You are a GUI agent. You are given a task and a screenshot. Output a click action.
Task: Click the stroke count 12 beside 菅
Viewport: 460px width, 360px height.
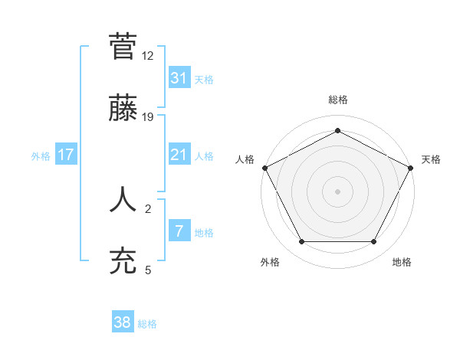pos(148,57)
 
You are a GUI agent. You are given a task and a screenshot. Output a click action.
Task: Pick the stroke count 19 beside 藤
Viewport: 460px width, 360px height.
pos(148,116)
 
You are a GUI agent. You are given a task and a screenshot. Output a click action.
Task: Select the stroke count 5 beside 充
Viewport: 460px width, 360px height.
pos(148,270)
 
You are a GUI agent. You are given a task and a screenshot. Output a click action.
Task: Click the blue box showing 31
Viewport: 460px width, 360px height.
pos(179,77)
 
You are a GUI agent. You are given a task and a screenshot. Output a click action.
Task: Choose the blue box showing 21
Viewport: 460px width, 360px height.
pos(179,155)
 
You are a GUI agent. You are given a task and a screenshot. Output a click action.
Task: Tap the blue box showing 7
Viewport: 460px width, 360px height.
pos(179,231)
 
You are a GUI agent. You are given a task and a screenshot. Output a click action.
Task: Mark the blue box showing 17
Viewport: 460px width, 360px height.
pos(66,155)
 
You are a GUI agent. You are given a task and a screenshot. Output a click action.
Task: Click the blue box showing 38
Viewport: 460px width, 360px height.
pos(123,322)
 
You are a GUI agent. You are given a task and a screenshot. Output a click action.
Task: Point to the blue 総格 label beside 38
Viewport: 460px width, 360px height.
pos(147,324)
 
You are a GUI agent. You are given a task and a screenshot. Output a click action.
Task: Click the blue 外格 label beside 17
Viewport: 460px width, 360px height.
pos(41,156)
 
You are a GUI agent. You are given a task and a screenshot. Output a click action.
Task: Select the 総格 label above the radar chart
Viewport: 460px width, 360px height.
pos(337,100)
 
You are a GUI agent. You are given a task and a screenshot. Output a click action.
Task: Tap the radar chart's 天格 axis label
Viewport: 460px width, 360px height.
pos(431,159)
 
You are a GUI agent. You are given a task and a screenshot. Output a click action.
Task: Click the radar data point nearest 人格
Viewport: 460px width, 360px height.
pos(264,167)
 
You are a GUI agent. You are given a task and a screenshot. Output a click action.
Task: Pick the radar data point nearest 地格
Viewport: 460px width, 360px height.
pos(374,242)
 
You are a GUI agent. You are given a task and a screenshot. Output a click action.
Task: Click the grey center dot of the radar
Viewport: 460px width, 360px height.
pos(337,191)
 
